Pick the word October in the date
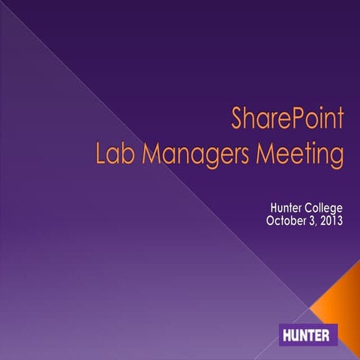(289, 220)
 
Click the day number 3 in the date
(318, 220)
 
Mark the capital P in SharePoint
(286, 119)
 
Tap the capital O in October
(271, 220)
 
